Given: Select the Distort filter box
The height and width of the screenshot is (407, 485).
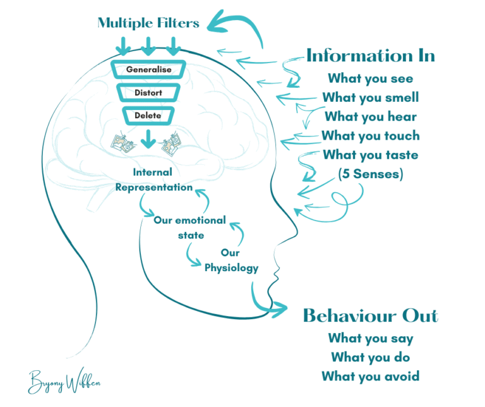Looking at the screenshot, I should pyautogui.click(x=148, y=93).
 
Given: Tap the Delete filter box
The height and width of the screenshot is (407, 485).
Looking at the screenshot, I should pyautogui.click(x=148, y=116).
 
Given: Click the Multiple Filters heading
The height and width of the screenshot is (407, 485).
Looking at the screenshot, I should pyautogui.click(x=148, y=24).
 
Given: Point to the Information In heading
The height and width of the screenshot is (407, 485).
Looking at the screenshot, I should pyautogui.click(x=371, y=56).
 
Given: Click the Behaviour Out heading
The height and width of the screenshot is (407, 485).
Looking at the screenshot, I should pyautogui.click(x=371, y=315).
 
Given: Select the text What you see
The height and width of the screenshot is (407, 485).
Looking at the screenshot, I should pyautogui.click(x=370, y=79).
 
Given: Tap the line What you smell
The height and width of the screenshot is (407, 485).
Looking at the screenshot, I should pyautogui.click(x=371, y=98).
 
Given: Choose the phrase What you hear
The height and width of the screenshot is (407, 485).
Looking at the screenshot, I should pyautogui.click(x=371, y=117).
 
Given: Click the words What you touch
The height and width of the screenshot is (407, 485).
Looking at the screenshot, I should pyautogui.click(x=371, y=135).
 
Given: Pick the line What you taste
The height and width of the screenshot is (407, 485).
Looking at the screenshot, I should pyautogui.click(x=371, y=154).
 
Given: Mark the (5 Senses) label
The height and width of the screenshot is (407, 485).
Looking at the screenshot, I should pyautogui.click(x=371, y=173).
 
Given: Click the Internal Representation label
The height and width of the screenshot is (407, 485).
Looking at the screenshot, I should pyautogui.click(x=153, y=179).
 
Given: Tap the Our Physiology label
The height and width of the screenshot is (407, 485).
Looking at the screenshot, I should pyautogui.click(x=232, y=260).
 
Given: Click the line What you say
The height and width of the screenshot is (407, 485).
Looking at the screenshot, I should pyautogui.click(x=371, y=339).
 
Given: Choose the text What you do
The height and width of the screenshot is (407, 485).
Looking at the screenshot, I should pyautogui.click(x=371, y=358).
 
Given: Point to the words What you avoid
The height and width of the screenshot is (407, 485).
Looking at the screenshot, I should pyautogui.click(x=371, y=377).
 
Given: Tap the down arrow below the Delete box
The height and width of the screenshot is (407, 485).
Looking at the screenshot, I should pyautogui.click(x=148, y=138).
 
